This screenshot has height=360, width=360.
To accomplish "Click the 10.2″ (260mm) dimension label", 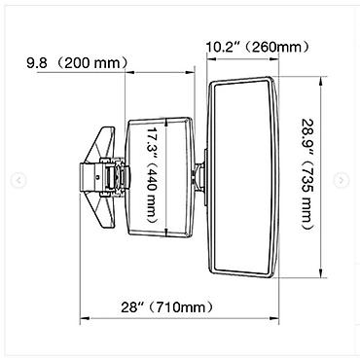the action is pos(258,48).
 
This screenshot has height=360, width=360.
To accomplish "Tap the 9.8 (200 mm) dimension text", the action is pos(78,62).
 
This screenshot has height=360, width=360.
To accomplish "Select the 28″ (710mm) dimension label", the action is pos(167,306).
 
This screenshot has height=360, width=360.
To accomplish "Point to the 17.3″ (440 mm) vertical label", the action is pos(152,175).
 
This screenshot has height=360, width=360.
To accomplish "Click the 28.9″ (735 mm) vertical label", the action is pos(307,174).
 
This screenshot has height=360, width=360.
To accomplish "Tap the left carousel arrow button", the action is pos(18,180).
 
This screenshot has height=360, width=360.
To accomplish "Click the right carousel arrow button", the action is pos(342,180).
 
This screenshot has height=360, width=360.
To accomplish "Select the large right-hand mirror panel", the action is pos(243,177).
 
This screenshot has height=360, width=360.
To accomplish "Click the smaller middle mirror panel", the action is pos(161,177).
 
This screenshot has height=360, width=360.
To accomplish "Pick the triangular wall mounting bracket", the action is pos(103,177).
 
